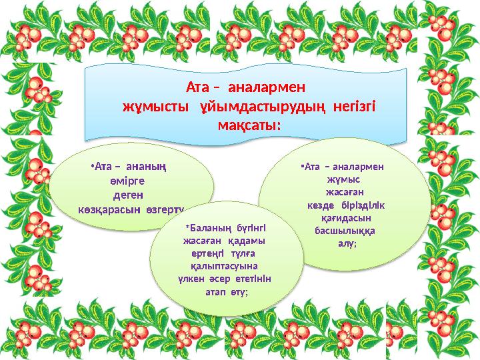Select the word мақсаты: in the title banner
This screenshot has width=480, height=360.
pos(249,125)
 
